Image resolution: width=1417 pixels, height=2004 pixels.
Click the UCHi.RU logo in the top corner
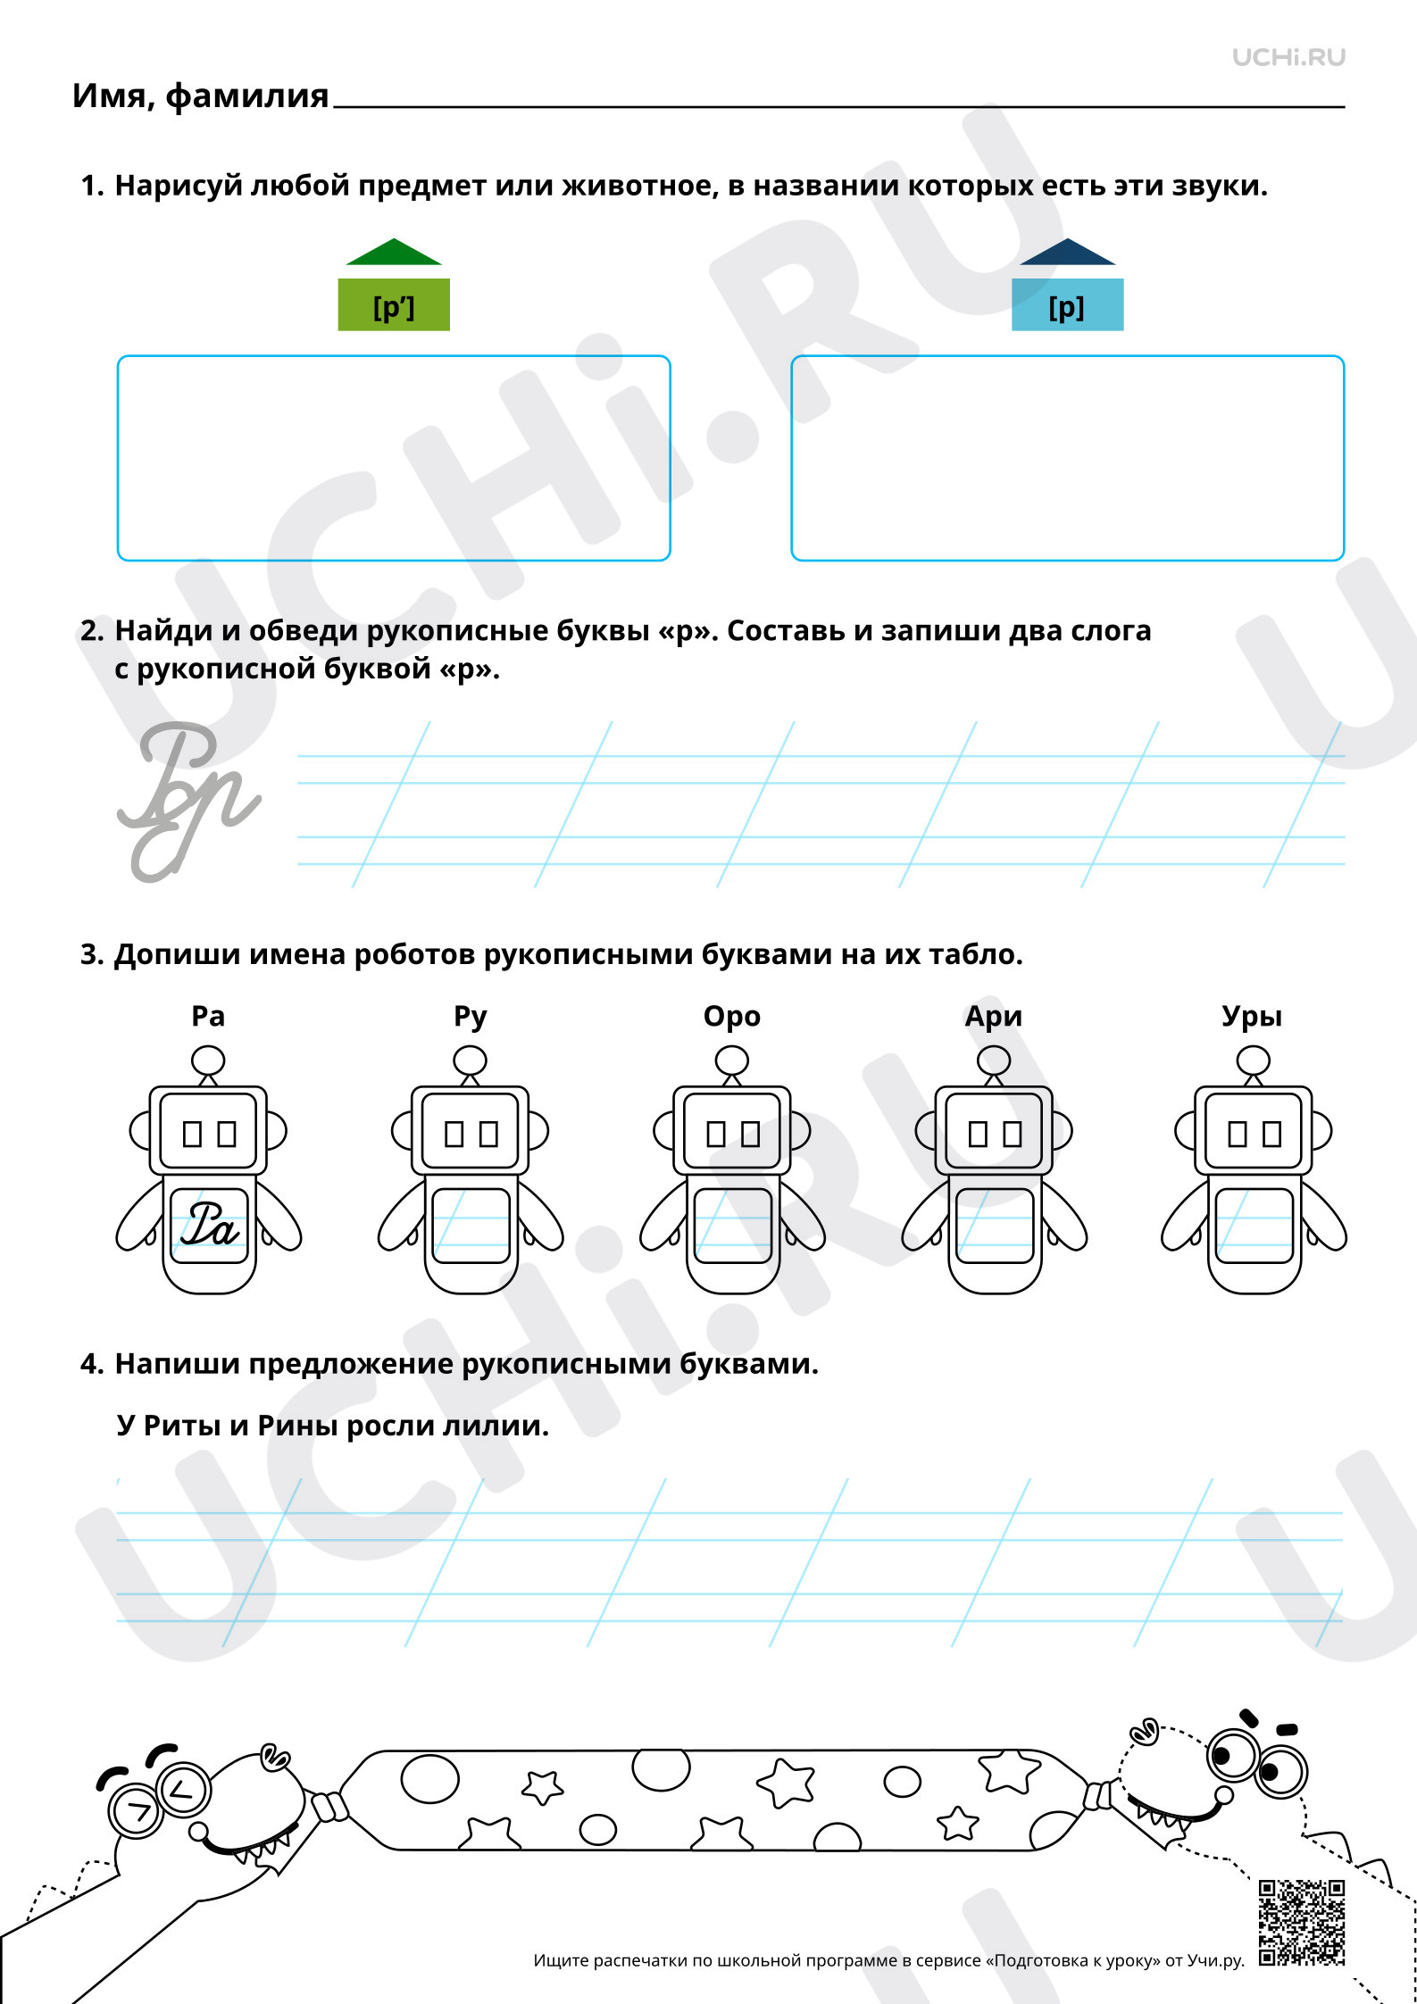pyautogui.click(x=1288, y=57)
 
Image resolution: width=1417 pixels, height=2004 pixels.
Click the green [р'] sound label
pyautogui.click(x=394, y=305)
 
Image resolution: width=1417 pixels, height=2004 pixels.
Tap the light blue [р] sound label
pyautogui.click(x=1067, y=305)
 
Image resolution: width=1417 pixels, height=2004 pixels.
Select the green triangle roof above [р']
pyautogui.click(x=394, y=252)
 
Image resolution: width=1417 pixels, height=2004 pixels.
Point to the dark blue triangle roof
pyautogui.click(x=1068, y=252)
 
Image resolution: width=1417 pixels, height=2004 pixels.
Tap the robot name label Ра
pyautogui.click(x=208, y=1016)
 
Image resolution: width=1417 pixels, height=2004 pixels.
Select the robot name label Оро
pyautogui.click(x=732, y=1017)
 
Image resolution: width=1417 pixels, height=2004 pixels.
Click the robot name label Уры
pyautogui.click(x=1252, y=1017)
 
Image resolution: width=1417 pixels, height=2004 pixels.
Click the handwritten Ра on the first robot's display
pyautogui.click(x=210, y=1223)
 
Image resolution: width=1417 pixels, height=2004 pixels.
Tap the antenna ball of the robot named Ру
pyautogui.click(x=470, y=1061)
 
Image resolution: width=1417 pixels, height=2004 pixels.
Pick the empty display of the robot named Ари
pyautogui.click(x=994, y=1226)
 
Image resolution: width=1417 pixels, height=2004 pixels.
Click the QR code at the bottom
pyautogui.click(x=1302, y=1923)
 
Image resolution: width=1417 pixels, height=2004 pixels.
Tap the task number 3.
pyautogui.click(x=92, y=954)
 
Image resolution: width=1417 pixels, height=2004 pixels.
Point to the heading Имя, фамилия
pyautogui.click(x=201, y=96)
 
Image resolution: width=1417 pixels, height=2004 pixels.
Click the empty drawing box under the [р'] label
pyautogui.click(x=394, y=458)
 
